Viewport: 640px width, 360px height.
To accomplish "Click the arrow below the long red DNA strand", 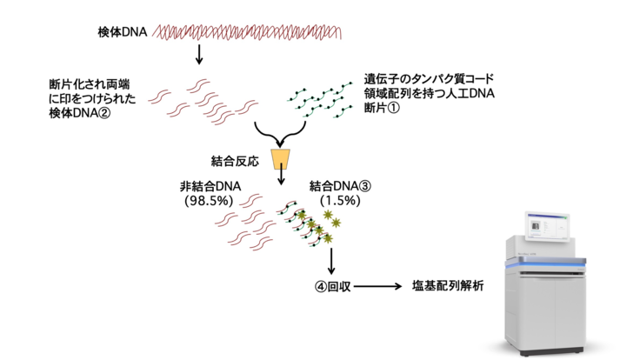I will [x=200, y=56].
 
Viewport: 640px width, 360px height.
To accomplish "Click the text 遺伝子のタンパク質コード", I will [x=430, y=79].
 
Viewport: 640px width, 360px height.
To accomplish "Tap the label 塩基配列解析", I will [x=447, y=285].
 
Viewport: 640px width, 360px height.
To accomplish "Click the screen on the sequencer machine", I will [x=550, y=228].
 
